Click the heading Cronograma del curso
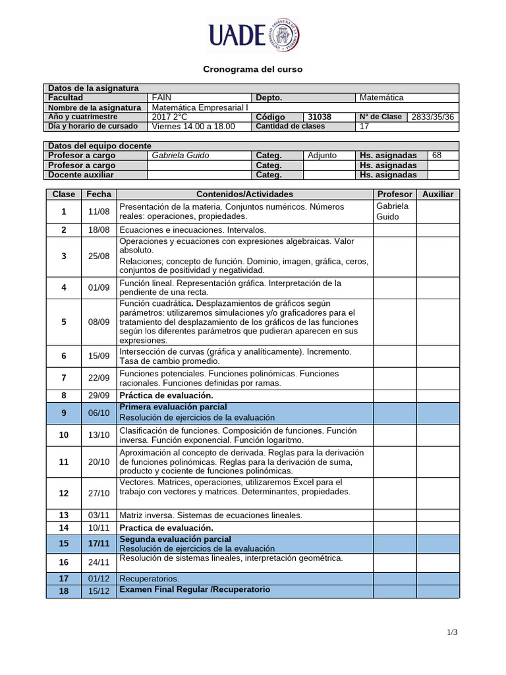pyautogui.click(x=252, y=69)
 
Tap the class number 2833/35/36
pyautogui.click(x=433, y=117)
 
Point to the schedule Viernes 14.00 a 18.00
pyautogui.click(x=193, y=127)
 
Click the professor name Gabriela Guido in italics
pyautogui.click(x=180, y=156)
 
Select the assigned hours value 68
pyautogui.click(x=437, y=156)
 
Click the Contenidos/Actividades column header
pyautogui.click(x=244, y=194)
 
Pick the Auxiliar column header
pyautogui.click(x=438, y=194)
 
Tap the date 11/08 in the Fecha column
pyautogui.click(x=99, y=212)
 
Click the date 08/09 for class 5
pyautogui.click(x=99, y=322)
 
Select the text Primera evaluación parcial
pyautogui.click(x=173, y=407)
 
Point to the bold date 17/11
pyautogui.click(x=99, y=544)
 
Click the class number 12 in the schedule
pyautogui.click(x=64, y=493)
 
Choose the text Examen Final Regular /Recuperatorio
pyautogui.click(x=194, y=589)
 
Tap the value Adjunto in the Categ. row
pyautogui.click(x=322, y=156)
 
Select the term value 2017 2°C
pyautogui.click(x=169, y=117)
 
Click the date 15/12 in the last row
pyautogui.click(x=99, y=591)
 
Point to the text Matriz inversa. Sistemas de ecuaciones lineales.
pyautogui.click(x=211, y=515)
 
